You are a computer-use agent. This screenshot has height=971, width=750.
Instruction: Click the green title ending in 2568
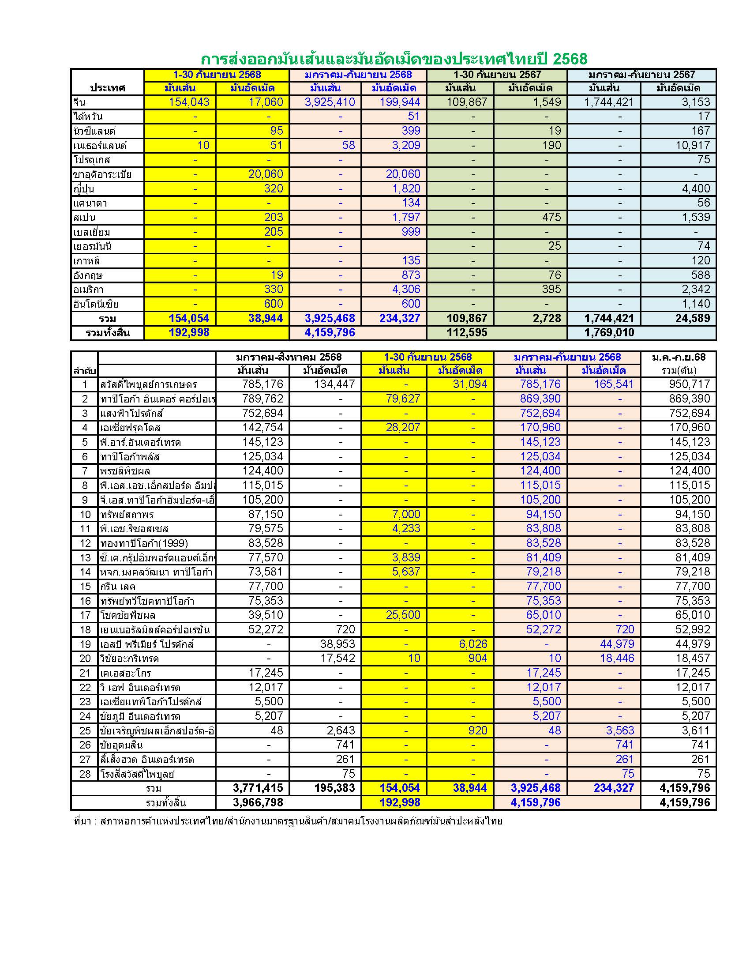tap(394, 59)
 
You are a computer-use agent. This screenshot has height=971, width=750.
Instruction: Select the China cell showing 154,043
tap(189, 102)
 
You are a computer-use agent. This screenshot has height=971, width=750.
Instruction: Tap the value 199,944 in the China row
tap(400, 102)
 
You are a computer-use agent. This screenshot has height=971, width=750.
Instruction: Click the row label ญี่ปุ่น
tap(84, 189)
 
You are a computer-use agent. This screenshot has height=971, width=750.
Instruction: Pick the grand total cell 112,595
tap(467, 332)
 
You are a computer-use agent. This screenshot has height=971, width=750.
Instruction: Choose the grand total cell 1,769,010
tap(609, 332)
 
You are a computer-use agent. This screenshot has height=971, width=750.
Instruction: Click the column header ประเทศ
tap(107, 87)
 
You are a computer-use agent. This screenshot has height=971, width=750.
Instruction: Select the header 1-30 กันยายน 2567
tap(497, 75)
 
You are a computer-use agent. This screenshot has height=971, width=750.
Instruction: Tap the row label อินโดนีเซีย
tap(96, 304)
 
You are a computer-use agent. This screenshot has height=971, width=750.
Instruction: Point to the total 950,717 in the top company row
tap(690, 384)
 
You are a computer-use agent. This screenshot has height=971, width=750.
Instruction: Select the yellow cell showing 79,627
tap(403, 399)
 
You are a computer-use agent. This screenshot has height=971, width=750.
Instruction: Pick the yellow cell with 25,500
tap(403, 615)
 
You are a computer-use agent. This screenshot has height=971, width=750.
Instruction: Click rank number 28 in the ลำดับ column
tap(85, 774)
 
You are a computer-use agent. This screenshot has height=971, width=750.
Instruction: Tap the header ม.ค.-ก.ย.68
tap(678, 357)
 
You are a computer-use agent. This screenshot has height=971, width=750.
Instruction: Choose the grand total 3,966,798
tap(258, 802)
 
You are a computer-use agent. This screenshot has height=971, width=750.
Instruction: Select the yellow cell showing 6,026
tap(471, 644)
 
